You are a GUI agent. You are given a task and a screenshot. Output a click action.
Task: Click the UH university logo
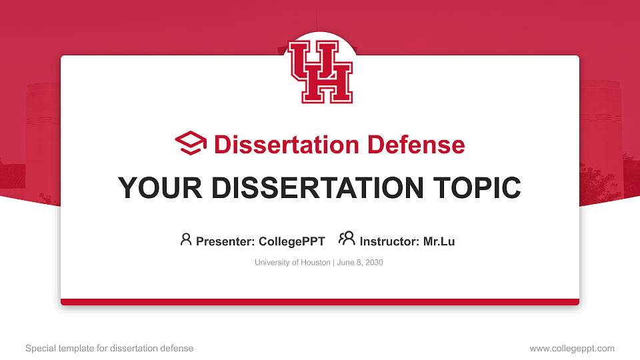[x=320, y=72]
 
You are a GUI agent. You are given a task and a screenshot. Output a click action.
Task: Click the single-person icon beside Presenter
[x=186, y=239]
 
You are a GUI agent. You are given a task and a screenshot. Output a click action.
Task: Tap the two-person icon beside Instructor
[x=347, y=239]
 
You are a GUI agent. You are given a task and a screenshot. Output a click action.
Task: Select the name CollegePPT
[x=293, y=241]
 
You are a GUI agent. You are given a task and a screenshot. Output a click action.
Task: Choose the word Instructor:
[x=389, y=241]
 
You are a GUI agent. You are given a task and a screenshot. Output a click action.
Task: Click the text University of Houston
[x=292, y=263]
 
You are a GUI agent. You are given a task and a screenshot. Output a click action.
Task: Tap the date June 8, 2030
[x=360, y=263]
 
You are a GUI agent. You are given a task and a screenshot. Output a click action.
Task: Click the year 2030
[x=373, y=263]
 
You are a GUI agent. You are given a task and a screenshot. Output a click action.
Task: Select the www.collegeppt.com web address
[x=572, y=348]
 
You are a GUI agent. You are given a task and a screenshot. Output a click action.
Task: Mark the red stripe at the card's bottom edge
[x=320, y=302]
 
